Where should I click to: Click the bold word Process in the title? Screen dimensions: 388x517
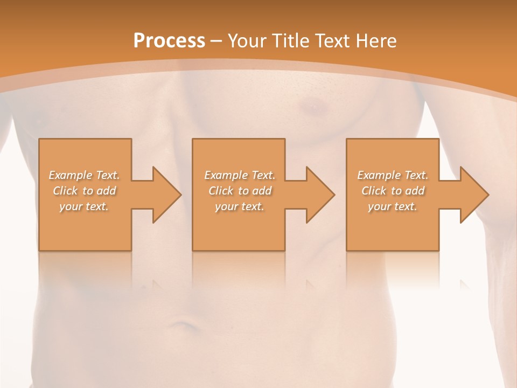169,41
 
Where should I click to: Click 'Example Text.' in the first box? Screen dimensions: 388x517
84,175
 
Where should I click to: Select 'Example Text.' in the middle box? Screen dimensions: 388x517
239,175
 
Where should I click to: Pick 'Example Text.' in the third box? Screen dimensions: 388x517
393,175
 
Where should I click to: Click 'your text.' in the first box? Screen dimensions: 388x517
84,206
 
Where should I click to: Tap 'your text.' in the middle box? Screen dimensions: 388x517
239,206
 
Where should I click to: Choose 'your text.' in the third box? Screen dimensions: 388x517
393,206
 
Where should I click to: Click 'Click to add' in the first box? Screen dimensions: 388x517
84,191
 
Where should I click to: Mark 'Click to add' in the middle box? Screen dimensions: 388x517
239,191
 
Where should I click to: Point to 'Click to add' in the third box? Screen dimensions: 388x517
393,191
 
